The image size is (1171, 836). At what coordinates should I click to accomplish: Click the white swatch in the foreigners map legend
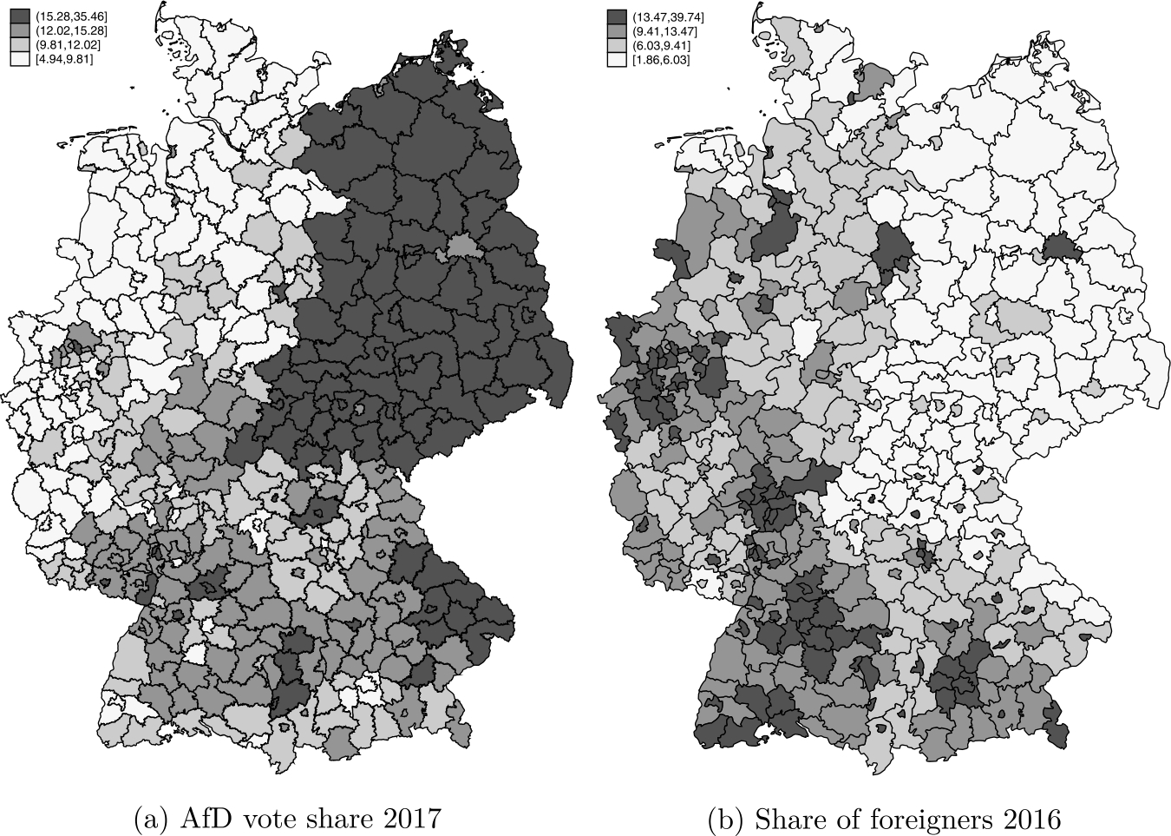pyautogui.click(x=617, y=60)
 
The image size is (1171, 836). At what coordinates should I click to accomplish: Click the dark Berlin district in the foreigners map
pyautogui.click(x=1057, y=248)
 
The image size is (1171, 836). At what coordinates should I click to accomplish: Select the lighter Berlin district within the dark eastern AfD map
pyautogui.click(x=460, y=248)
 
